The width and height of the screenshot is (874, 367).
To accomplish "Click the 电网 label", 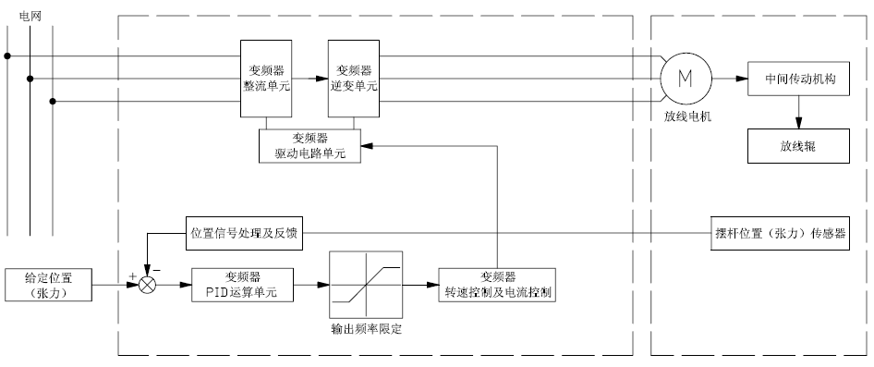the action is click(x=30, y=16).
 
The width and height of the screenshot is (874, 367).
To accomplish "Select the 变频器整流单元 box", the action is click(x=266, y=79).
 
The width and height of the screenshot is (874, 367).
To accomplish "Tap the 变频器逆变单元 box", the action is click(x=354, y=79).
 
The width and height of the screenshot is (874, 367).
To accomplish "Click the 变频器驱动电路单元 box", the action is click(x=310, y=146).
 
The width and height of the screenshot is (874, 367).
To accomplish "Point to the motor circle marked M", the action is click(x=686, y=79).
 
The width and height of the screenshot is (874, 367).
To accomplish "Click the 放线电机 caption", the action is click(x=687, y=117).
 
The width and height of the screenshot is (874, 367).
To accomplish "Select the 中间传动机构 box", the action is click(x=799, y=79).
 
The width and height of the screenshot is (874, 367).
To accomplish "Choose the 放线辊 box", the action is click(x=799, y=146).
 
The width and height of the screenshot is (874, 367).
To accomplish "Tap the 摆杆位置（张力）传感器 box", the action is click(x=781, y=233).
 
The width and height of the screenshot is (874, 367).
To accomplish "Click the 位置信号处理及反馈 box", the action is click(x=245, y=233).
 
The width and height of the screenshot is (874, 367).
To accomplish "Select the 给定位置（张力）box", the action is click(x=48, y=285).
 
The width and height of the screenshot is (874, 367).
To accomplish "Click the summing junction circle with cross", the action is click(x=147, y=285).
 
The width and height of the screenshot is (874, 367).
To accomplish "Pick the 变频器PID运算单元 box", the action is click(x=242, y=285).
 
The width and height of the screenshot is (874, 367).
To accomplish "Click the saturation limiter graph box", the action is click(x=366, y=285).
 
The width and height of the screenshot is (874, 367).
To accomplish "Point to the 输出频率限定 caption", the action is click(x=366, y=329).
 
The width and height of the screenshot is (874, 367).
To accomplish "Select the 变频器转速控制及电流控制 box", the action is click(x=498, y=285).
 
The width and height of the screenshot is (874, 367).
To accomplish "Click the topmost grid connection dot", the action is click(x=7, y=55).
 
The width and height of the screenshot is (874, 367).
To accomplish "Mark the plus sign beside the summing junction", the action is click(x=133, y=276).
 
